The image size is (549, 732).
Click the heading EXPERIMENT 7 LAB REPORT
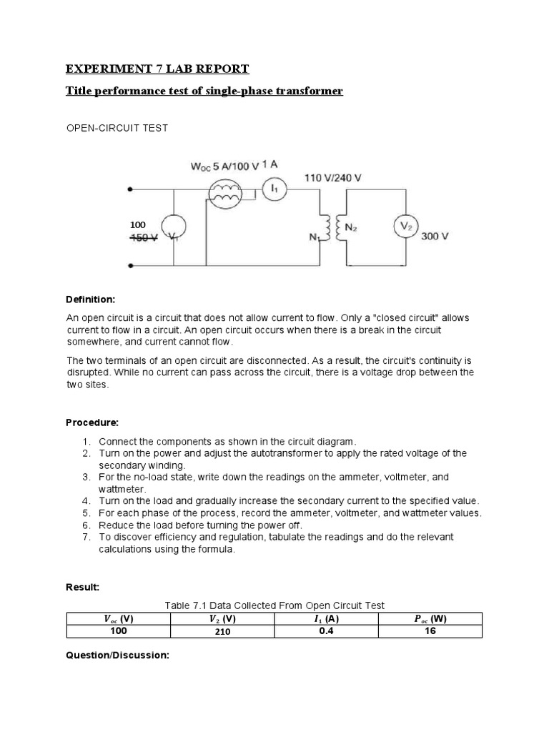(x=157, y=69)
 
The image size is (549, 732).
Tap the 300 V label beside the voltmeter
(x=435, y=236)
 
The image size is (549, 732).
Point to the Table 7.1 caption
(x=274, y=605)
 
